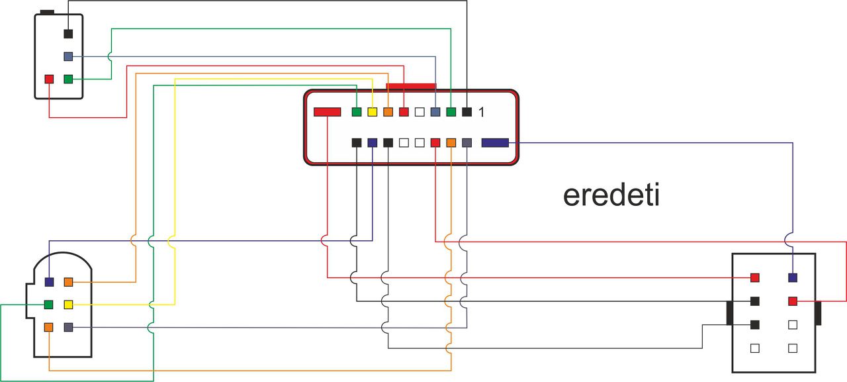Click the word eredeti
pyautogui.click(x=611, y=195)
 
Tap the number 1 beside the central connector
pyautogui.click(x=481, y=113)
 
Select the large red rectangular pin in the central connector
pyautogui.click(x=327, y=112)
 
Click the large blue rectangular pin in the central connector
pyautogui.click(x=495, y=142)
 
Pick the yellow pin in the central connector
pyautogui.click(x=373, y=112)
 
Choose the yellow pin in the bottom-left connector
pyautogui.click(x=68, y=305)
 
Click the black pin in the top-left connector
pyautogui.click(x=68, y=34)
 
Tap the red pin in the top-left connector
pyautogui.click(x=49, y=79)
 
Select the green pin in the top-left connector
pyautogui.click(x=68, y=79)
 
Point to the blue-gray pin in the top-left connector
pyautogui.click(x=68, y=56)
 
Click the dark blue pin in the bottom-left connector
pyautogui.click(x=49, y=282)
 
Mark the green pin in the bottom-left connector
pyautogui.click(x=48, y=305)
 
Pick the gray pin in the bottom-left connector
pyautogui.click(x=68, y=327)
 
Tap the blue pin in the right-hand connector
pyautogui.click(x=793, y=277)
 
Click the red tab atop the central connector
pyautogui.click(x=411, y=86)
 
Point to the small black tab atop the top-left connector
pyautogui.click(x=47, y=12)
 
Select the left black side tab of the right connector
pyautogui.click(x=729, y=312)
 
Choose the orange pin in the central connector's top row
pyautogui.click(x=388, y=112)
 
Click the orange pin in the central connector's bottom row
pyautogui.click(x=451, y=142)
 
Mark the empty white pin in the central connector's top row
pyautogui.click(x=420, y=112)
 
